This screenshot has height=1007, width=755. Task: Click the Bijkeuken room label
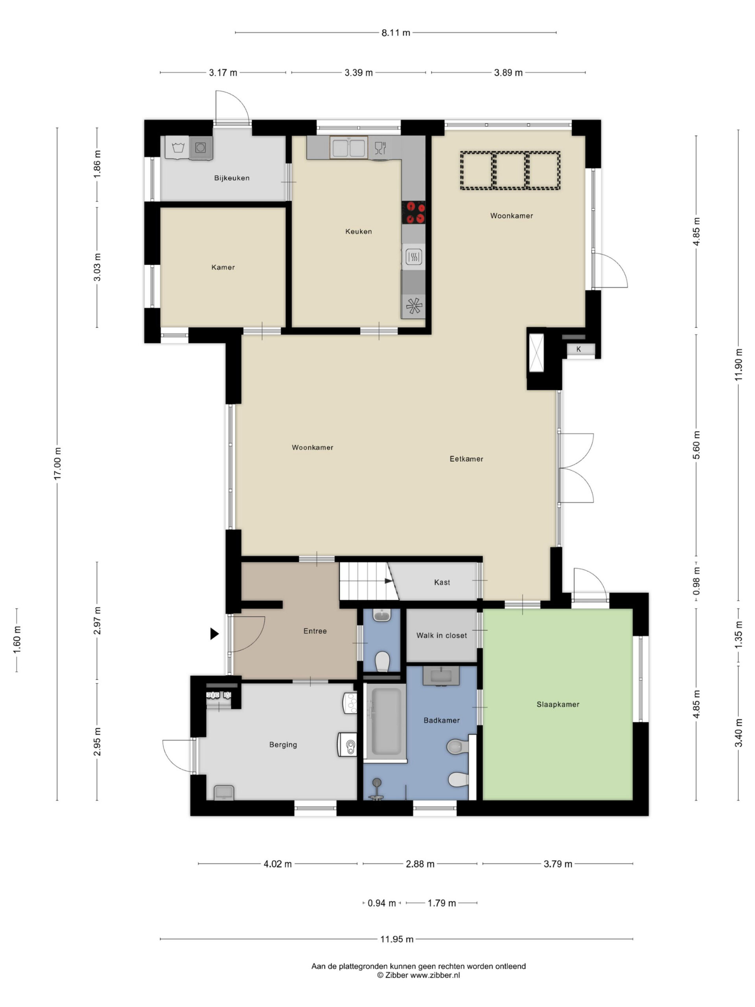click(x=232, y=178)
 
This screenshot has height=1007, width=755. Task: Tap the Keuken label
click(x=359, y=231)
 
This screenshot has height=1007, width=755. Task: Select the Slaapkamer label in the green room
click(x=558, y=704)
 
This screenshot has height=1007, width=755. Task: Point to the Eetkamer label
click(x=466, y=459)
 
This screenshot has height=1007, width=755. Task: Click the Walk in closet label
click(x=442, y=636)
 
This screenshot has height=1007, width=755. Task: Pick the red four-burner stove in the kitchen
click(x=414, y=212)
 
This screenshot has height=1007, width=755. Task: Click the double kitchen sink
click(x=349, y=147)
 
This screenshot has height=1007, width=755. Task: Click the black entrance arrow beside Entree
click(x=214, y=634)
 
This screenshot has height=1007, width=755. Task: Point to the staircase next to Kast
click(x=368, y=581)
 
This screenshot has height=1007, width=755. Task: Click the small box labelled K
click(x=579, y=349)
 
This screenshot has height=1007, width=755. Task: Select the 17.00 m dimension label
click(x=57, y=463)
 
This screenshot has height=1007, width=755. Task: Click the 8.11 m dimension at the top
click(x=396, y=33)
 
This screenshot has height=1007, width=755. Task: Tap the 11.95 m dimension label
click(x=397, y=939)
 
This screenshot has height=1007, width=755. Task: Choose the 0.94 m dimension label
click(x=381, y=903)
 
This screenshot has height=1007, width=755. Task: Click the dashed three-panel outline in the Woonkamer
click(x=510, y=170)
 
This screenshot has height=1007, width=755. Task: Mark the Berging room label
click(x=283, y=745)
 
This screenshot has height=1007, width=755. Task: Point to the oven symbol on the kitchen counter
click(x=414, y=257)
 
